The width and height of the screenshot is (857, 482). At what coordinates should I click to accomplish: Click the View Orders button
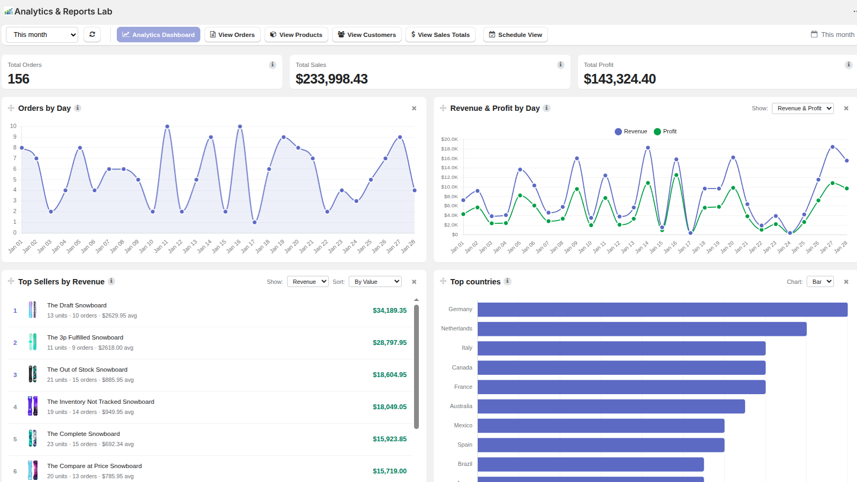(x=232, y=34)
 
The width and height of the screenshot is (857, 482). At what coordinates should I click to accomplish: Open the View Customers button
(x=366, y=34)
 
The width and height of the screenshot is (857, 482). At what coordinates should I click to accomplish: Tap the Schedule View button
(x=515, y=34)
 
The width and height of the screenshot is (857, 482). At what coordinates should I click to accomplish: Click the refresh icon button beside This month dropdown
(x=92, y=34)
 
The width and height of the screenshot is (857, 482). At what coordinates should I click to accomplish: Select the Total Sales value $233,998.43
(x=332, y=79)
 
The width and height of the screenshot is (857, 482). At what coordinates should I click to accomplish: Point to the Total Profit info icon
(x=848, y=65)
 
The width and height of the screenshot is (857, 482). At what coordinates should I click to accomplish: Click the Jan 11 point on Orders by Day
(x=167, y=126)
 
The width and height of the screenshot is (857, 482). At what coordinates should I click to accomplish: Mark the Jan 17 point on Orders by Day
(x=254, y=222)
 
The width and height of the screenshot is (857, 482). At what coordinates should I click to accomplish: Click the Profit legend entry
(x=665, y=132)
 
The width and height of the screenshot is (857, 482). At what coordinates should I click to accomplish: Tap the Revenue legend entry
(x=631, y=132)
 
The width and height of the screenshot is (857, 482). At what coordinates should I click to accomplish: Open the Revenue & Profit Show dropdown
(x=803, y=108)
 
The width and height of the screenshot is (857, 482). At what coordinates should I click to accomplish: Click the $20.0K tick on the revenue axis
(x=449, y=139)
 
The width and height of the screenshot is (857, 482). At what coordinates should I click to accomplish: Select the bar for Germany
(x=662, y=310)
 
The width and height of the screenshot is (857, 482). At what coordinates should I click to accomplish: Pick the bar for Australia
(x=611, y=406)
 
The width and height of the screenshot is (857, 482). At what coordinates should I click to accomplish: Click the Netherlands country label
(x=456, y=328)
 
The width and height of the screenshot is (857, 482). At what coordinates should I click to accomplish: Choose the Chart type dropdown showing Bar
(x=820, y=282)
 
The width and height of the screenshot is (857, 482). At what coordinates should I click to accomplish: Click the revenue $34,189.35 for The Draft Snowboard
(x=389, y=310)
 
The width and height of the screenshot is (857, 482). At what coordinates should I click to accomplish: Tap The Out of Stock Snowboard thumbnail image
(x=33, y=374)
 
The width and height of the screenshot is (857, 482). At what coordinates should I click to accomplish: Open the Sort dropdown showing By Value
(x=375, y=282)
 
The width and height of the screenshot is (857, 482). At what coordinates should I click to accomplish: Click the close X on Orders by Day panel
(x=414, y=108)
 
